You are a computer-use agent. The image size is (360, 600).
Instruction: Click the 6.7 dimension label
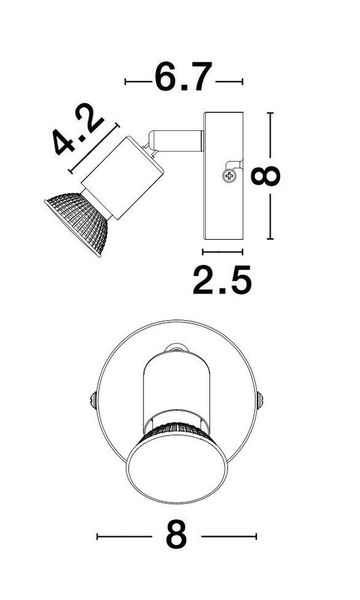point(183,78)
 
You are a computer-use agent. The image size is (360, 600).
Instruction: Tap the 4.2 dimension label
point(78,128)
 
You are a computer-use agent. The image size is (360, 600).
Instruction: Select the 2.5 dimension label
point(222,280)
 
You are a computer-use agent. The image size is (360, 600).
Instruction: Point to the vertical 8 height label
point(266,176)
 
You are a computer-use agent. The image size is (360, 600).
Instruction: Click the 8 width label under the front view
point(176,536)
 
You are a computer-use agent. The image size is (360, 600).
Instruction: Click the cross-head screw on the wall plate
point(229,176)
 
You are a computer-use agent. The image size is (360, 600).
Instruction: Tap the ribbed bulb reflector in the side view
point(78,222)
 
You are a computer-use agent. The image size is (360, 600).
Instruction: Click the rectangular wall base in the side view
point(223,176)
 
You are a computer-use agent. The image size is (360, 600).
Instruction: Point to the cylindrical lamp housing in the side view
point(123,178)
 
